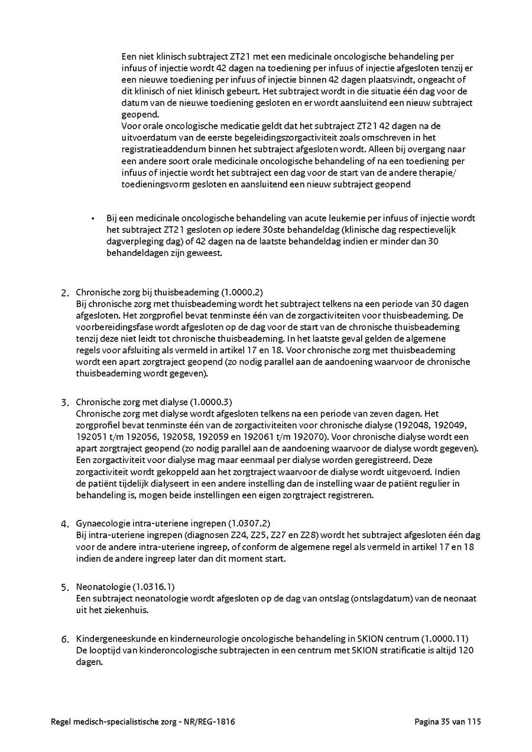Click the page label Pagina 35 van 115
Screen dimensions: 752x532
pyautogui.click(x=449, y=722)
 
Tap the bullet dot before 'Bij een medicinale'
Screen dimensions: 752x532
pyautogui.click(x=93, y=219)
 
